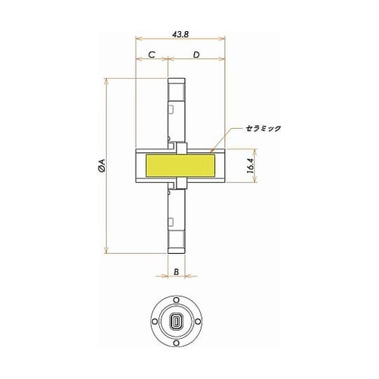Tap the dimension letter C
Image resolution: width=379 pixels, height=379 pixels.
click(152, 55)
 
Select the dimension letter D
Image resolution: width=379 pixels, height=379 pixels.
click(196, 55)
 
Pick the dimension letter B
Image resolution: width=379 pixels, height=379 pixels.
click(176, 271)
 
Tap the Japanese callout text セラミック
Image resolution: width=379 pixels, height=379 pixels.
click(262, 128)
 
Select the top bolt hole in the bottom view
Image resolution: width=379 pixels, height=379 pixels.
click(176, 301)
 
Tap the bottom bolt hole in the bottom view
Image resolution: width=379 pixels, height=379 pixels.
click(176, 342)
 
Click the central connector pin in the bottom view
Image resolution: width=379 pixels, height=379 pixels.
click(176, 321)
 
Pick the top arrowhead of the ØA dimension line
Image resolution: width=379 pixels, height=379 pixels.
click(108, 80)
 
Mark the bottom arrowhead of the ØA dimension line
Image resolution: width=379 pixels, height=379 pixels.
click(108, 252)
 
